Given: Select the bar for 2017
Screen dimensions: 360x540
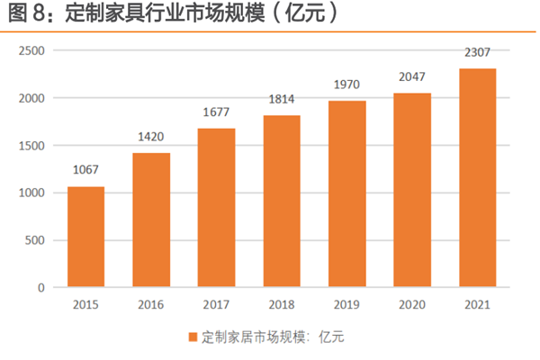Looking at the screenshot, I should [x=216, y=208].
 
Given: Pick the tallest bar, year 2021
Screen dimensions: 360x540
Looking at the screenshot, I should [x=477, y=178].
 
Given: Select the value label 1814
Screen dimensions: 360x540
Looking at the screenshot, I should [x=282, y=102].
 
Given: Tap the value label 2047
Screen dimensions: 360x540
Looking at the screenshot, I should [x=412, y=79].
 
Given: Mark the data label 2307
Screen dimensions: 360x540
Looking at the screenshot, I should [x=477, y=54].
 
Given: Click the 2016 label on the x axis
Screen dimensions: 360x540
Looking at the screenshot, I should [x=151, y=305].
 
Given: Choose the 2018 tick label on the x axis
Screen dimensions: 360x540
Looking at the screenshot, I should [x=282, y=305].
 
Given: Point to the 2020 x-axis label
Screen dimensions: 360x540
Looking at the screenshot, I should [x=412, y=305].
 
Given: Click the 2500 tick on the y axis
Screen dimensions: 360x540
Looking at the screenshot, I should [x=32, y=50].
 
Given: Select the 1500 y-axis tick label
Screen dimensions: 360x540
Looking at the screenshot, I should [x=32, y=145].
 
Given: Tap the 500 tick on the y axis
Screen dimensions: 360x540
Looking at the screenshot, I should [x=36, y=240].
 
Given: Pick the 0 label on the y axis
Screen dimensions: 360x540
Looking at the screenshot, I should [x=41, y=288].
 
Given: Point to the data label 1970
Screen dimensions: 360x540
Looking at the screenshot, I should [x=346, y=86].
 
